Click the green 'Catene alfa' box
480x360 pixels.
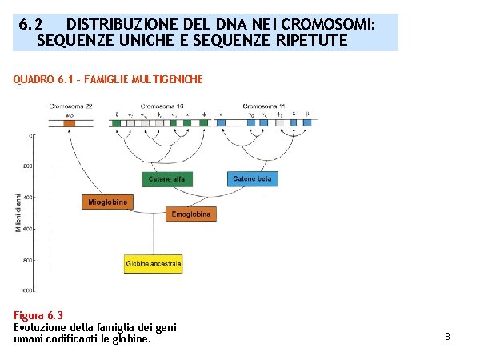coord(166,179)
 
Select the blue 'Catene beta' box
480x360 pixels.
coord(252,179)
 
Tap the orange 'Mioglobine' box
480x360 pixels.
coord(107,202)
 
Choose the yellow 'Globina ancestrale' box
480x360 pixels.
coord(154,263)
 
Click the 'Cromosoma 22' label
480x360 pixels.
coord(70,106)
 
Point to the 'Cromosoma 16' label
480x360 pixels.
coord(162,106)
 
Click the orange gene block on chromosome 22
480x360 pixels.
coord(70,123)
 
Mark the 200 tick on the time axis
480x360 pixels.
coord(28,166)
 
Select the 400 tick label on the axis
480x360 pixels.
coord(28,198)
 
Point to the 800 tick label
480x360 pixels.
coord(28,260)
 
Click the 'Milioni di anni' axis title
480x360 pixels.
coord(18,213)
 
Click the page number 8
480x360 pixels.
coord(447,337)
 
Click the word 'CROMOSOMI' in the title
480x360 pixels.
coord(333,24)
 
